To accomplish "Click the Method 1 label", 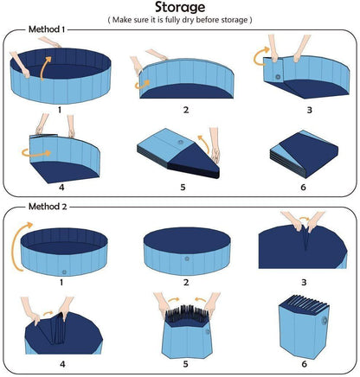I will coord(44,30).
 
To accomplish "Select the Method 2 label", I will coord(44,207).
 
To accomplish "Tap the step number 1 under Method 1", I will coord(59,111).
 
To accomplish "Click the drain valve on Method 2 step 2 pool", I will coord(185,259).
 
